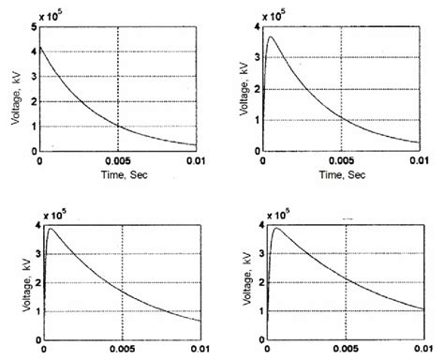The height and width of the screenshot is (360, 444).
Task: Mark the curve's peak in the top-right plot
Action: tap(272, 37)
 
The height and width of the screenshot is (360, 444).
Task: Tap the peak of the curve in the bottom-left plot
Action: tap(51, 229)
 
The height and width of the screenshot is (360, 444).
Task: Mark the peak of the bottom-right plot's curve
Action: tap(274, 228)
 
